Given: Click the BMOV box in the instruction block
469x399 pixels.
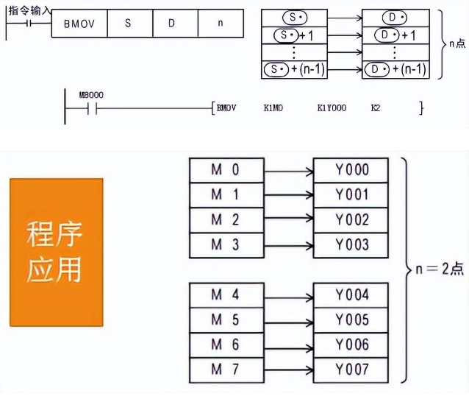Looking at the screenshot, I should coord(79,24).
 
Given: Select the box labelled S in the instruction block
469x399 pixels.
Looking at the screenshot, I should coord(128,24).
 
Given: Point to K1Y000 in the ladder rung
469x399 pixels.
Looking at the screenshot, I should coord(332,108).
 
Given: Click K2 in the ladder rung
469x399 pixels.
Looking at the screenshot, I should coord(376,108).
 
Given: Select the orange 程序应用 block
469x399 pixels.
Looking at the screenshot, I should coord(56,252).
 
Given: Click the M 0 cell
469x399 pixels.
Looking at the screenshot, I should coord(226,170).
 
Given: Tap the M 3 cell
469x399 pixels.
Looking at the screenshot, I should coord(226,245).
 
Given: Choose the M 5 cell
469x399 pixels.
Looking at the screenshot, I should coord(226,319).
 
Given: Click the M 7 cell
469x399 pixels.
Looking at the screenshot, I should coord(226,368).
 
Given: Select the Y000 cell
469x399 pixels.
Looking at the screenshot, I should coord(351,170).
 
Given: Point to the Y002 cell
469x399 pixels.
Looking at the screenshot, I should coord(351,220).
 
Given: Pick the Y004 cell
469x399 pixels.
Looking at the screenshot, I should coord(351,294).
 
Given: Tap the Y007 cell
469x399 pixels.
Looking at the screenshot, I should coord(351,368).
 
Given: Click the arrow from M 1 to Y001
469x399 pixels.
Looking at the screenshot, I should coord(288,196).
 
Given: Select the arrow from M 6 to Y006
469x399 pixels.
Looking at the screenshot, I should coord(288,345).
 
